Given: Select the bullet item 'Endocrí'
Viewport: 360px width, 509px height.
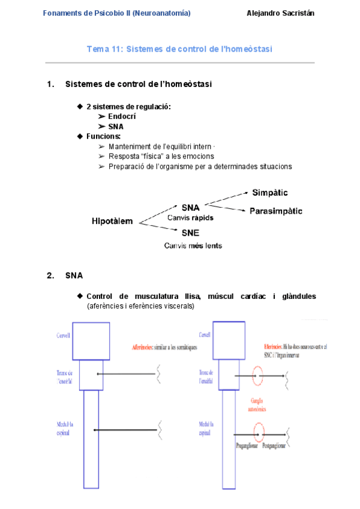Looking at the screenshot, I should tap(121, 116).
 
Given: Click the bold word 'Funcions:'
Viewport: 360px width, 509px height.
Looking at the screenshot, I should tap(103, 136).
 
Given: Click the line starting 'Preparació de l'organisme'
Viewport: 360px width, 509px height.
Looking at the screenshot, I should tap(200, 166).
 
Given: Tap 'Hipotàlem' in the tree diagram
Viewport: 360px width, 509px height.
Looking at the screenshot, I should tap(112, 221).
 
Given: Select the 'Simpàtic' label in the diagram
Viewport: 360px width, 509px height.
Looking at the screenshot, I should tap(269, 193).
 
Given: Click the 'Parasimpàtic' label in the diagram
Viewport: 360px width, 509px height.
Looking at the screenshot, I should tap(276, 211).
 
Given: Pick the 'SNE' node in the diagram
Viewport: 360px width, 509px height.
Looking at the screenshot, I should tap(190, 233).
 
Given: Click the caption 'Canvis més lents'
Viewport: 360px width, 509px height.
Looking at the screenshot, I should tap(193, 245).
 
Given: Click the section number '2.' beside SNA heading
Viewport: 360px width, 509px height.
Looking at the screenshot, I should tap(50, 276).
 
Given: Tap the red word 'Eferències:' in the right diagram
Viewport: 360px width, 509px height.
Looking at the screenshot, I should tap(274, 346).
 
